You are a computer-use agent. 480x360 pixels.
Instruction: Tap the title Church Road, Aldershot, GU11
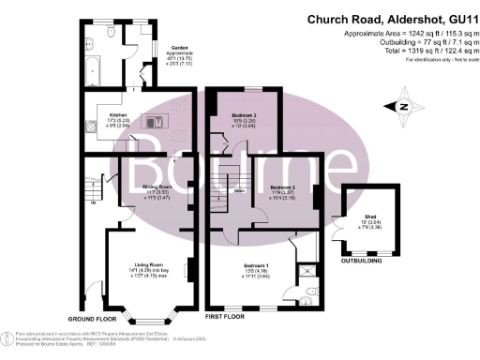point(388,19)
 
